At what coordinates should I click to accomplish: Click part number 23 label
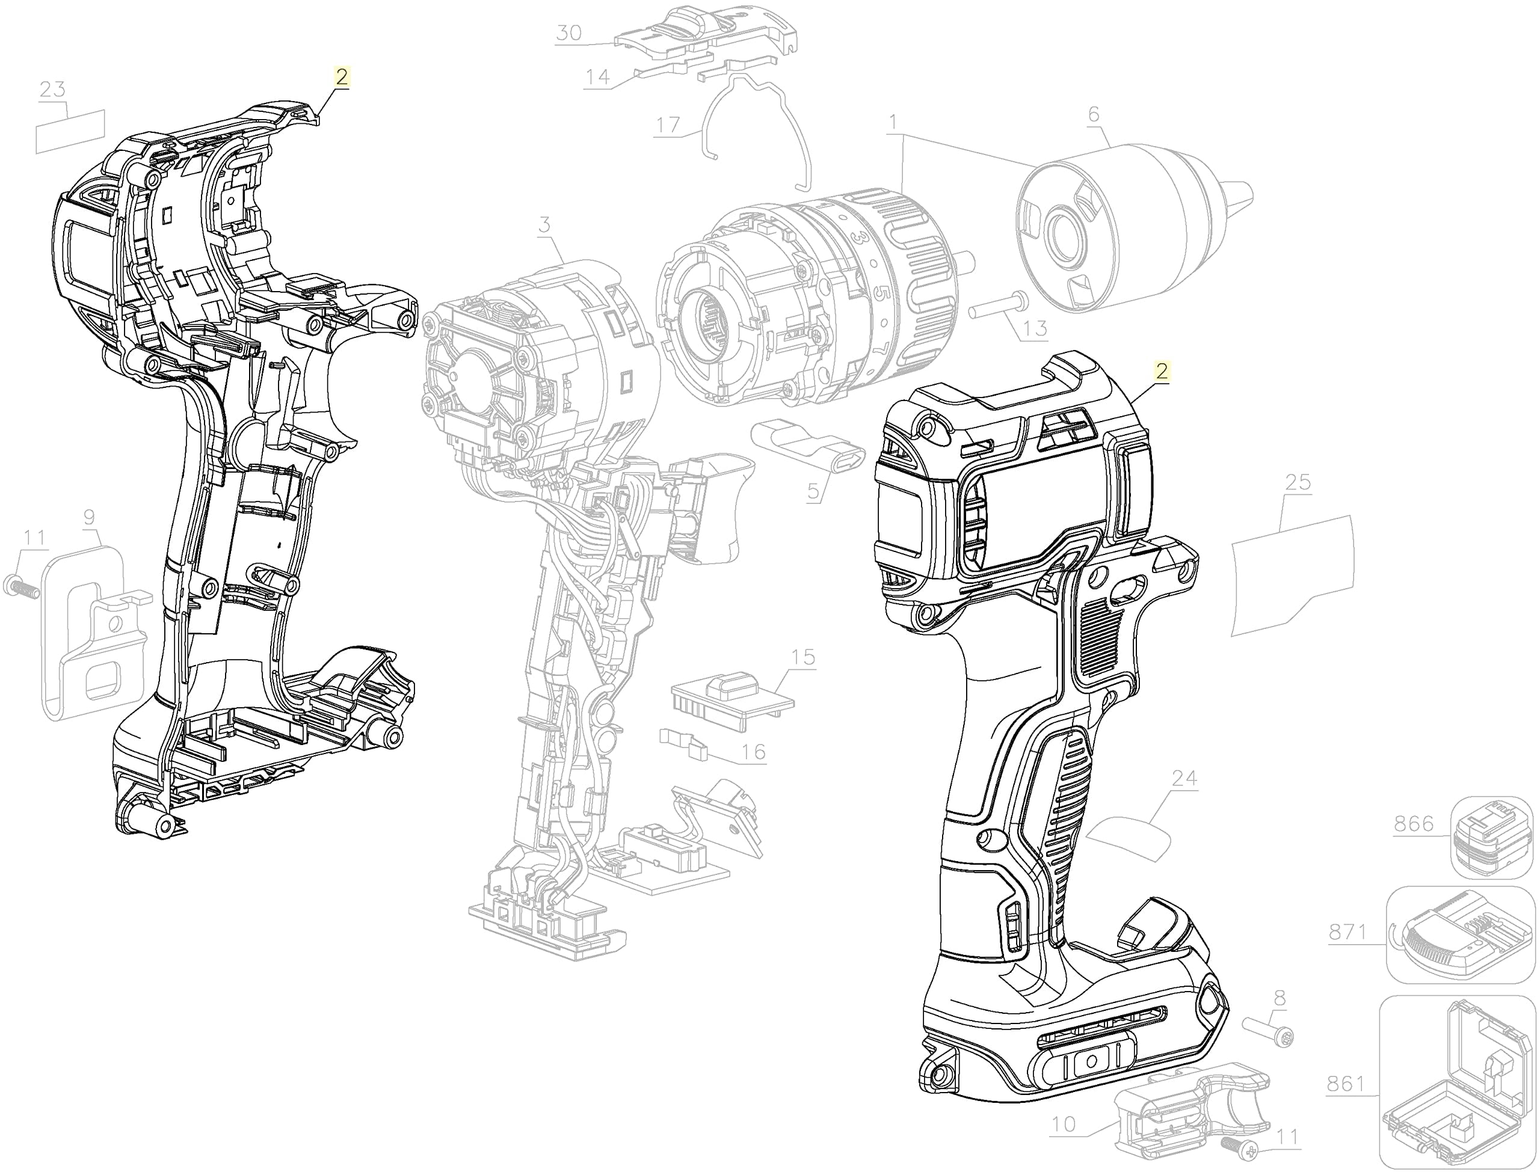(x=52, y=89)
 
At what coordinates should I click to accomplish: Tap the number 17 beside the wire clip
(x=668, y=125)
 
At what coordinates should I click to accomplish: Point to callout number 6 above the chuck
(x=1094, y=114)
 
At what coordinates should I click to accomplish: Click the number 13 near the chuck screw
(x=1035, y=328)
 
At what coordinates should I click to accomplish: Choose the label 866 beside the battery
(x=1414, y=824)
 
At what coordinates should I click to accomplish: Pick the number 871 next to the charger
(x=1347, y=932)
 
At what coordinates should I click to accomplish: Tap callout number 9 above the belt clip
(x=88, y=517)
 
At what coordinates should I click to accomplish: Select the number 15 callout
(x=803, y=657)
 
